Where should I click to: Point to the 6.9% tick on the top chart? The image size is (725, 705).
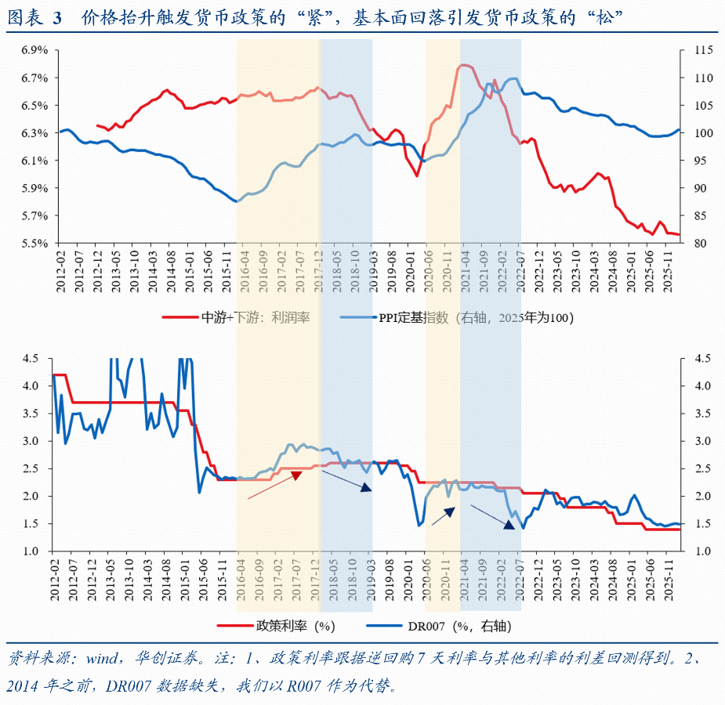coord(34,50)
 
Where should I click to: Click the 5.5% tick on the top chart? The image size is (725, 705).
coord(34,243)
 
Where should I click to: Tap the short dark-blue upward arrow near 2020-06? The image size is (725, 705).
coord(443,515)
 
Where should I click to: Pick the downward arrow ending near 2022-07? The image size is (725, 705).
coord(495,518)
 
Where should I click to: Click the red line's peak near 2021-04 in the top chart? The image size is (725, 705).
coord(464,65)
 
